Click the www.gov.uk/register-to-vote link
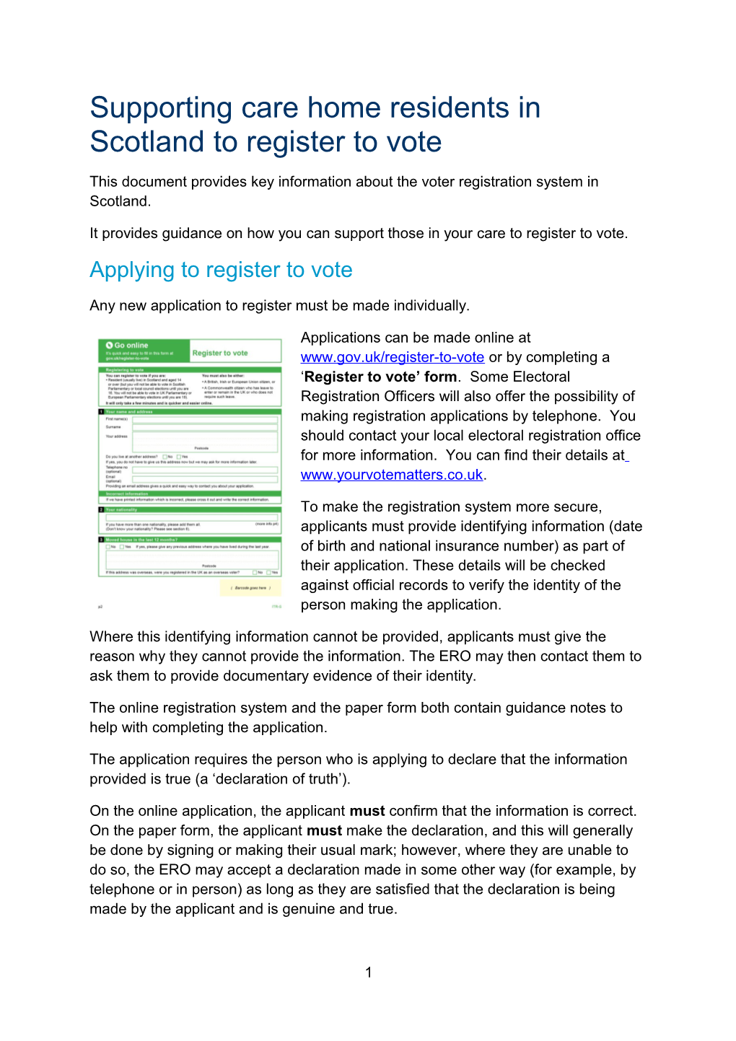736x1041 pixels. tap(392, 357)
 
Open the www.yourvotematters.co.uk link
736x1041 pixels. tap(392, 475)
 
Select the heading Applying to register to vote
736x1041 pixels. tap(221, 270)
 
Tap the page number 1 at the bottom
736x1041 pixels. tap(369, 972)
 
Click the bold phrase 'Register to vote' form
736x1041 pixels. tap(380, 377)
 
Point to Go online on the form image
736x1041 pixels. tap(130, 346)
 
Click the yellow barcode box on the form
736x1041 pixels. tap(250, 588)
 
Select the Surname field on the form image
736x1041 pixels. tap(205, 426)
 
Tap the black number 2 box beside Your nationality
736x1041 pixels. tap(101, 509)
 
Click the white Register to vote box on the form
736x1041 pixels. tap(235, 352)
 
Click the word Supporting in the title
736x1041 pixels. tap(160, 108)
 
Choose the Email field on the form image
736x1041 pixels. tap(205, 479)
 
